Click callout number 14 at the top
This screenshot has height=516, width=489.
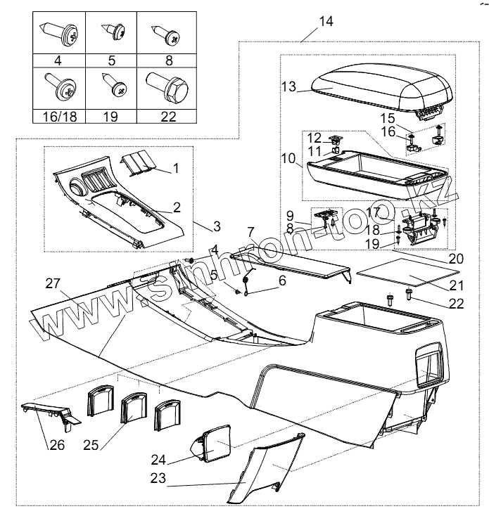326,20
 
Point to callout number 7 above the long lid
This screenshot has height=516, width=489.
250,231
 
